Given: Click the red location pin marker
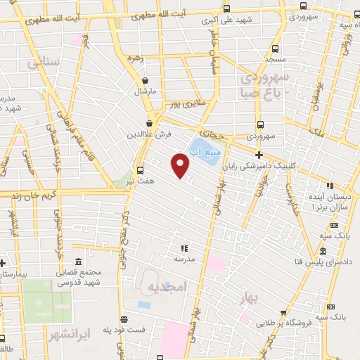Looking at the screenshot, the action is coord(181,167).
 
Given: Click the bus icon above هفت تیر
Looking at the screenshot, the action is coord(140,169).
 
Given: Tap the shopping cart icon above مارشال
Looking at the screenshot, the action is coord(145,80).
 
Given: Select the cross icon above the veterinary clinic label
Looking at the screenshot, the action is coord(259,155).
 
